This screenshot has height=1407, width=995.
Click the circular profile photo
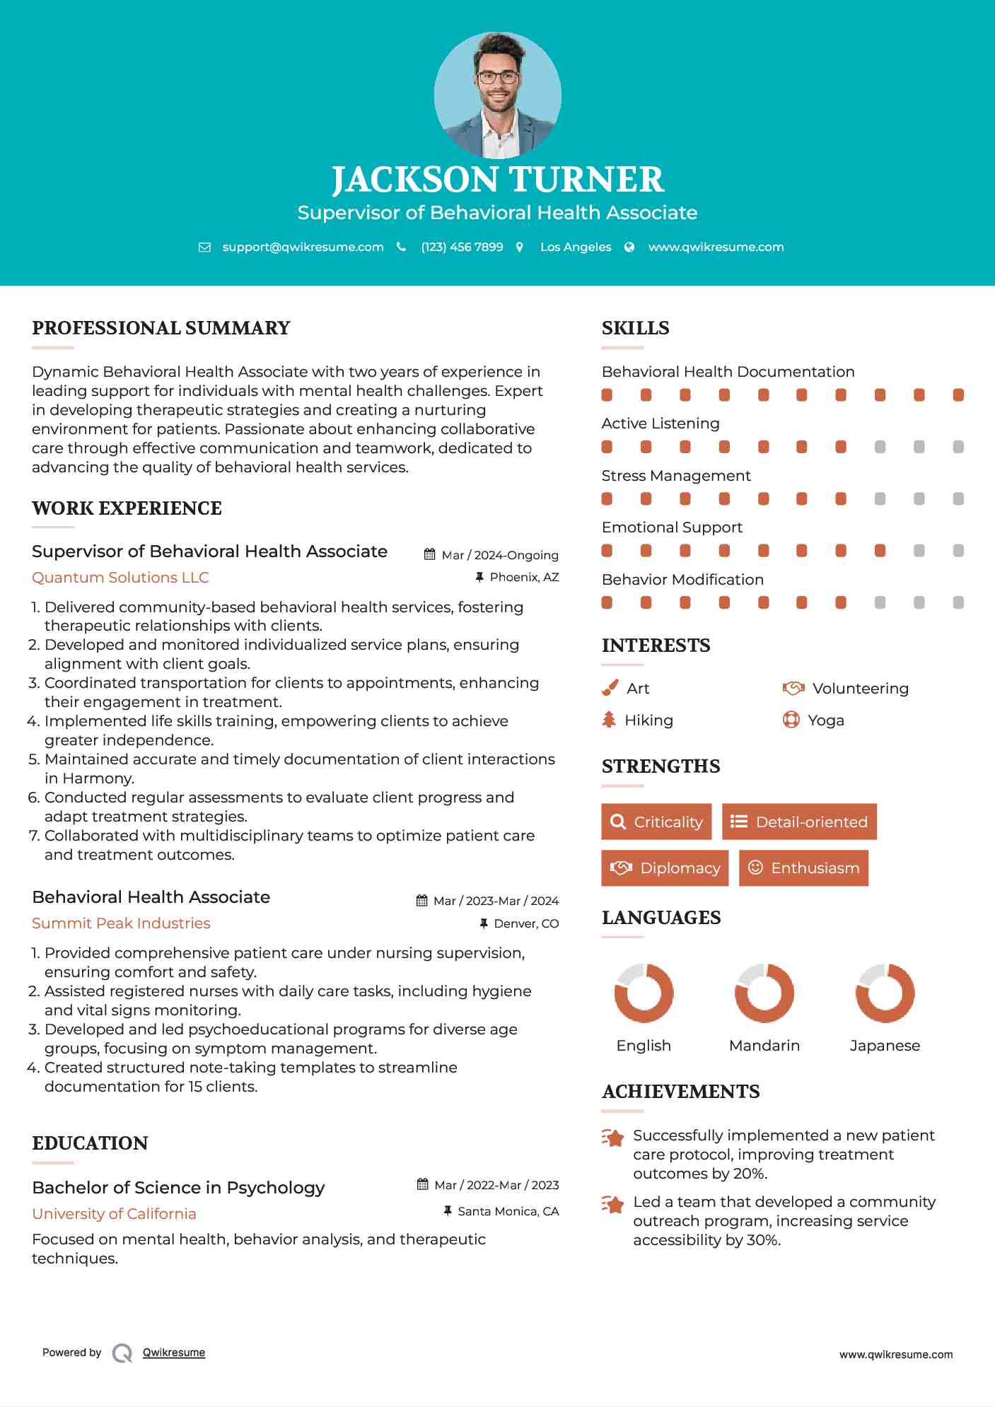pos(497,95)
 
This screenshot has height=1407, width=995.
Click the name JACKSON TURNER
pos(497,180)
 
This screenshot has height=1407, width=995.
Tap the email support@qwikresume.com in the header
pos(303,247)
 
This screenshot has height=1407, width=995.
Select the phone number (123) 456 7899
pos(462,247)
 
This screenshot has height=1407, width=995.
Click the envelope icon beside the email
pos(204,247)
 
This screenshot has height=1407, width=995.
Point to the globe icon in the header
pos(629,247)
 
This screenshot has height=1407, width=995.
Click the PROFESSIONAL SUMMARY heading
pos(161,328)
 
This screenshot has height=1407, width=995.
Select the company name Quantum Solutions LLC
pos(120,578)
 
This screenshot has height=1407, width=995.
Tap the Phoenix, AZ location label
pos(524,577)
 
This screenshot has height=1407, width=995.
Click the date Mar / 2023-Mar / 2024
pos(495,901)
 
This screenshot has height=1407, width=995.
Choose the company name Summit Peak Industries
pos(121,923)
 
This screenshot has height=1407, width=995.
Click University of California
pos(114,1214)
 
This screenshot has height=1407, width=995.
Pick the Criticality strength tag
pos(656,822)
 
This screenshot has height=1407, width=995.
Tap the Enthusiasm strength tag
pos(803,868)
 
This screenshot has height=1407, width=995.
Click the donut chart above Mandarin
pos(764,993)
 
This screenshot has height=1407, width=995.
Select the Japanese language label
pos(885,1046)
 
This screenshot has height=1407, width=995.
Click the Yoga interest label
pos(826,720)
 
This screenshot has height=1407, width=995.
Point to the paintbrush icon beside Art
pos(610,688)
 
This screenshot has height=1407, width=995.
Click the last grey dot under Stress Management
pos(958,499)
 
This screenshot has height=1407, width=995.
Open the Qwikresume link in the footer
pos(174,1353)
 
